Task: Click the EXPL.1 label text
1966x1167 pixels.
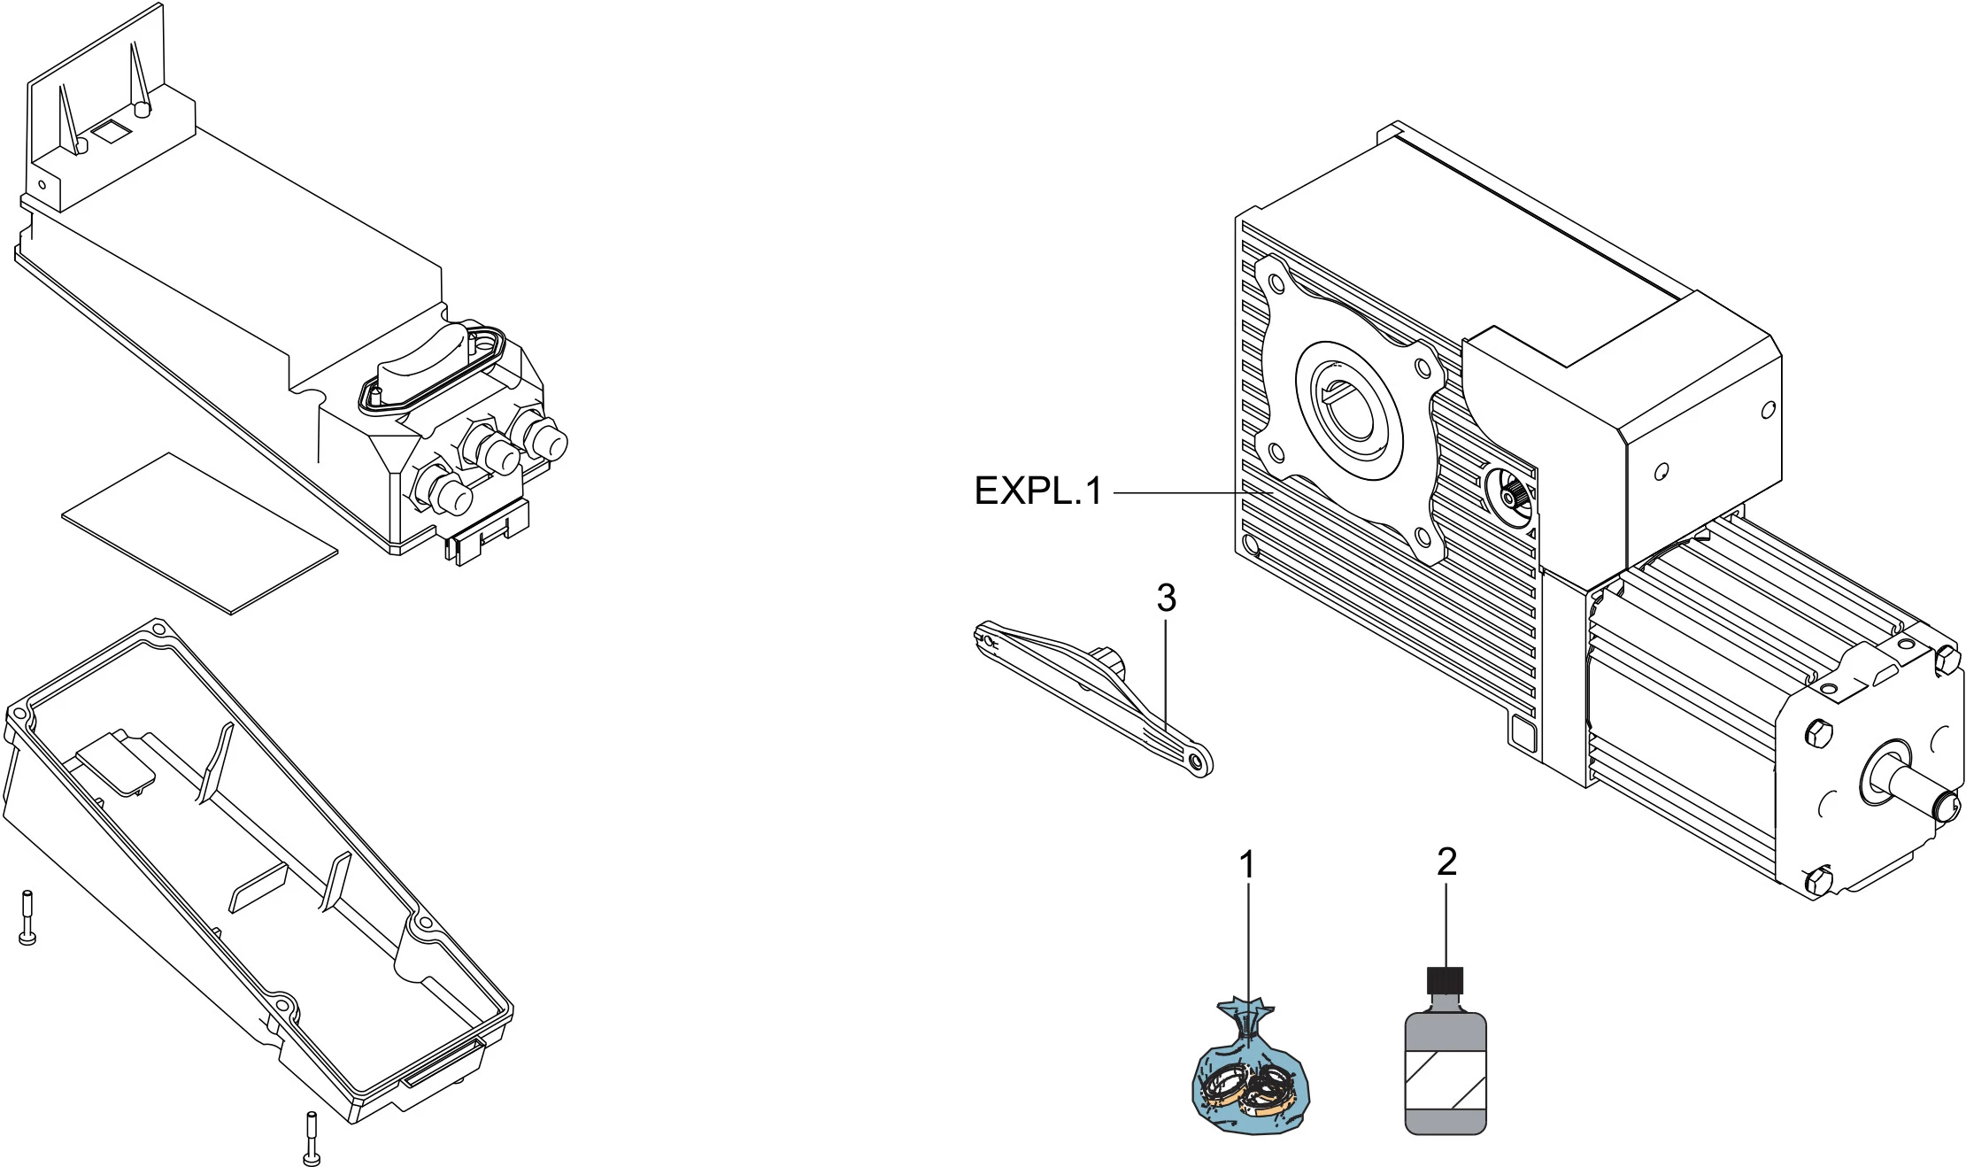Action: coord(1037,491)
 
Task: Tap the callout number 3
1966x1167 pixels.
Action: coord(1166,599)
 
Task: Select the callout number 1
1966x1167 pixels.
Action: coord(1247,865)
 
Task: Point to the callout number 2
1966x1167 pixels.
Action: coord(1446,862)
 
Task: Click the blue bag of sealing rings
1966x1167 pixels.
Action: coord(1249,1082)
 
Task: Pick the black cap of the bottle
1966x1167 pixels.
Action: coord(1445,980)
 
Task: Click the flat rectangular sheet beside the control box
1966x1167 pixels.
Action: coord(199,532)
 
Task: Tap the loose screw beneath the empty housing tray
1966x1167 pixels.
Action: coord(311,1140)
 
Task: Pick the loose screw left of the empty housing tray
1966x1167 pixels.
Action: coord(27,917)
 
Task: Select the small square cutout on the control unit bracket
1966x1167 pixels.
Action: coord(112,132)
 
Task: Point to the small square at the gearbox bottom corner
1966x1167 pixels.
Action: coord(1523,734)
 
